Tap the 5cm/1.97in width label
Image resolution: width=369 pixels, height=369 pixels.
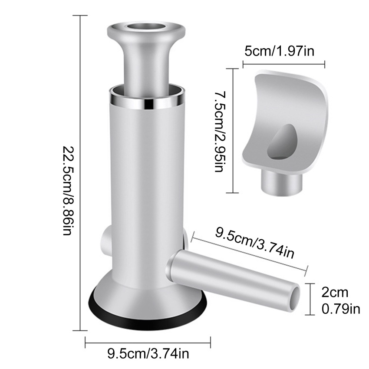[279, 52]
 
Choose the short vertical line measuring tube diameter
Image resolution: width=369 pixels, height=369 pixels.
[309, 299]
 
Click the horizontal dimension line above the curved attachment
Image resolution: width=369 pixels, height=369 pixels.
[283, 65]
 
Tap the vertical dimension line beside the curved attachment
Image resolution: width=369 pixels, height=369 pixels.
[234, 130]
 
